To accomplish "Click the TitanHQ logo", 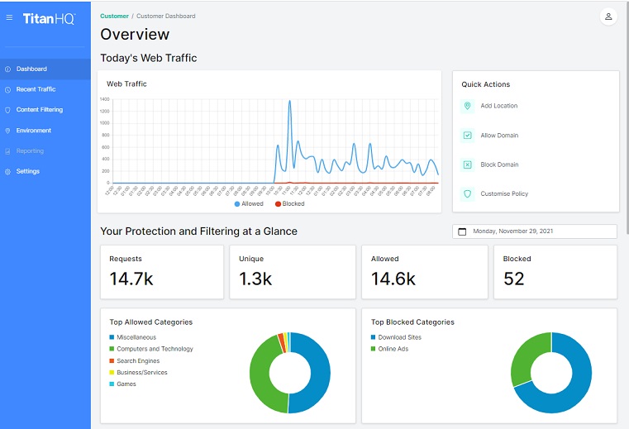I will (x=48, y=17).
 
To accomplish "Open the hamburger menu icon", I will (x=9, y=17).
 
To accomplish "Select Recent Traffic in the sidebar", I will (x=36, y=89).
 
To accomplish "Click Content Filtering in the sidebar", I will (x=39, y=110).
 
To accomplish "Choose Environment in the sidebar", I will (x=33, y=131).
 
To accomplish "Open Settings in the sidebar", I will (x=27, y=171).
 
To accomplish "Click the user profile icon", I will (x=608, y=17).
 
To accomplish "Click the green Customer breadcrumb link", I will (x=114, y=16).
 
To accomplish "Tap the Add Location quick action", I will (x=498, y=106).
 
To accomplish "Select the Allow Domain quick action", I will (x=499, y=136).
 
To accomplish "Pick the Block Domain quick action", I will (x=499, y=164).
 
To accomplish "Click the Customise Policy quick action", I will (x=503, y=194).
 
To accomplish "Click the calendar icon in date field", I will (x=462, y=232).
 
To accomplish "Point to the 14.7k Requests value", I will (x=131, y=279).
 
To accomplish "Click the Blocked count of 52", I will (x=513, y=279).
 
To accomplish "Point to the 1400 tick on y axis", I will (x=105, y=99).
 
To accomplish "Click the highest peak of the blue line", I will (x=289, y=102).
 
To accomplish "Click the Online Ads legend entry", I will (x=394, y=349).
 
